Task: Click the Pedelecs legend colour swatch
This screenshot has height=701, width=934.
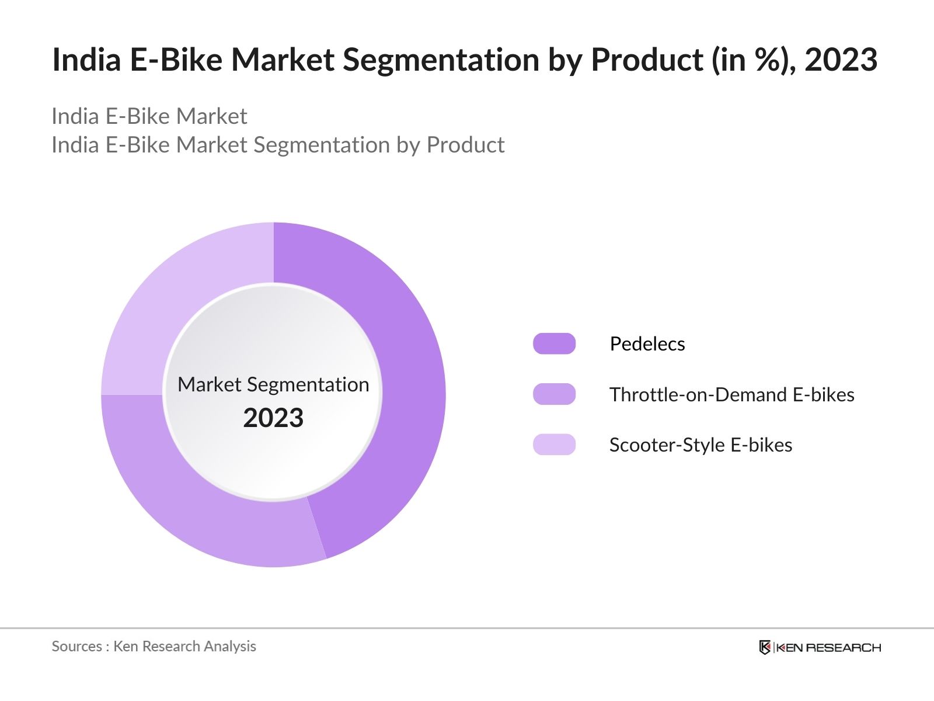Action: (x=554, y=343)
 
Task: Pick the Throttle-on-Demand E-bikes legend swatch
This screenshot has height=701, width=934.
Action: (x=554, y=394)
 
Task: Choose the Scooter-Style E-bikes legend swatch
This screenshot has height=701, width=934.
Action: (x=554, y=445)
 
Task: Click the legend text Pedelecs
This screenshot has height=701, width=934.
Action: (x=647, y=343)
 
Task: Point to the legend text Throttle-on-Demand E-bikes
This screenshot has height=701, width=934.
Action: (x=731, y=394)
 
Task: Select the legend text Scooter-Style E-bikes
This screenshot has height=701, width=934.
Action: (x=700, y=445)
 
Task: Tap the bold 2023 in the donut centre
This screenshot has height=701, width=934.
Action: (x=273, y=418)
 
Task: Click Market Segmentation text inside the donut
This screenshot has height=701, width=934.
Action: (x=273, y=384)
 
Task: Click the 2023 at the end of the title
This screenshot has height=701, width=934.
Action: (x=841, y=60)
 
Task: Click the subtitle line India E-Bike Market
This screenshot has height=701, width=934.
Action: (x=149, y=116)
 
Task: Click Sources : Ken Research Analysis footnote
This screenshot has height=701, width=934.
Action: (x=154, y=646)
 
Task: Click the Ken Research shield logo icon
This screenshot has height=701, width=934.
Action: (x=765, y=647)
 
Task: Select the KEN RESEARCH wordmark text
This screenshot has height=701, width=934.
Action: (x=828, y=647)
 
